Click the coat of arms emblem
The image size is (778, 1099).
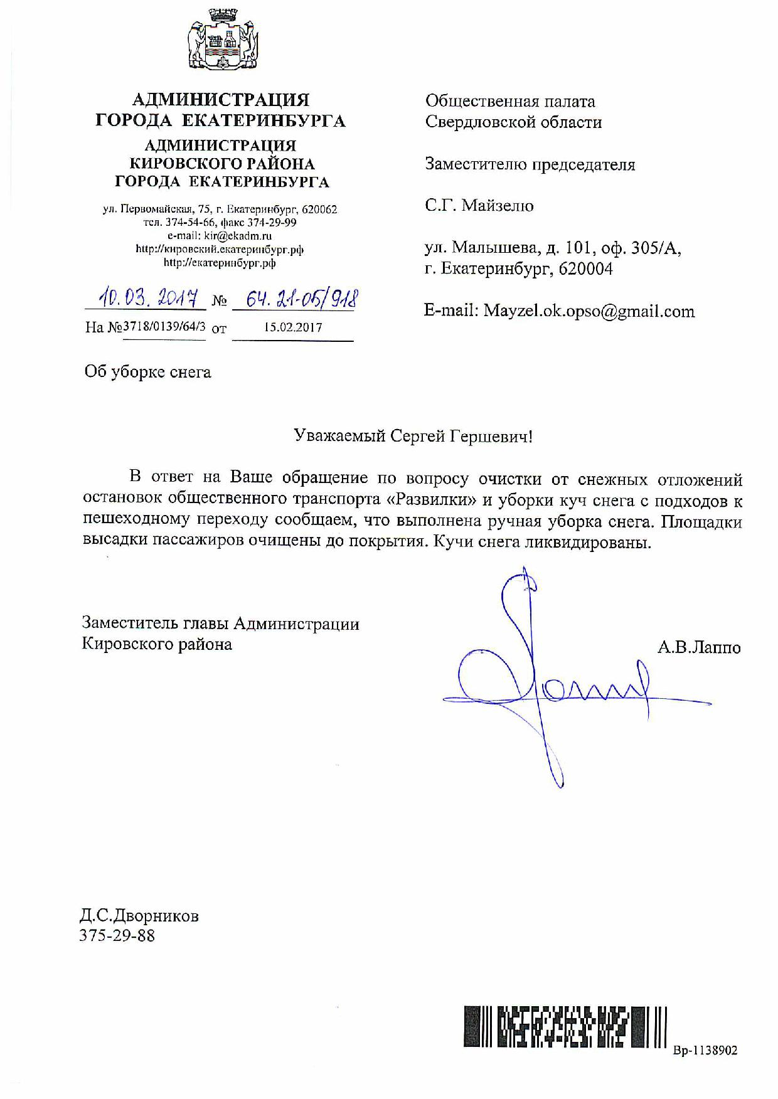tap(221, 43)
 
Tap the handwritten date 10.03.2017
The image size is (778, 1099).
tap(145, 299)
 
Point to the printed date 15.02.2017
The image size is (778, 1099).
tap(292, 327)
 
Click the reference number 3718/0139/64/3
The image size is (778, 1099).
tap(164, 327)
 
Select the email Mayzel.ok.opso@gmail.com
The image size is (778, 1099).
tap(589, 311)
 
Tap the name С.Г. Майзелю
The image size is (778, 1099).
tap(479, 206)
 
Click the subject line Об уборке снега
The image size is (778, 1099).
tap(148, 372)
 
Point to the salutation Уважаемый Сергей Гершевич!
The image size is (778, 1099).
tap(413, 436)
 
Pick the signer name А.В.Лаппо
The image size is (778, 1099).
tap(699, 647)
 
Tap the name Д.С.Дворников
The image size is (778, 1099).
tap(139, 916)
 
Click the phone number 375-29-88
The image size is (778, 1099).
tap(117, 936)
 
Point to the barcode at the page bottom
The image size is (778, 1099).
tap(565, 1026)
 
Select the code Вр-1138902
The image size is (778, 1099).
tap(705, 1050)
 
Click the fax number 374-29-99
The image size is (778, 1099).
tap(275, 223)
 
